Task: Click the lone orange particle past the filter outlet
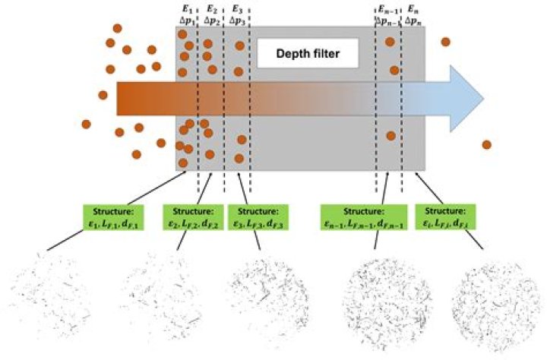point(486,144)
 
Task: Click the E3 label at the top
point(238,9)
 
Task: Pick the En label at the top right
point(413,9)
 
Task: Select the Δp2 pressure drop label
point(212,22)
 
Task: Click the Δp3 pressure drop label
point(238,22)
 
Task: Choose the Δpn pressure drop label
point(415,22)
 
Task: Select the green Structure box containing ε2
point(193,216)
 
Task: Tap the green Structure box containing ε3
point(260,216)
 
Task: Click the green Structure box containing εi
point(445,216)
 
